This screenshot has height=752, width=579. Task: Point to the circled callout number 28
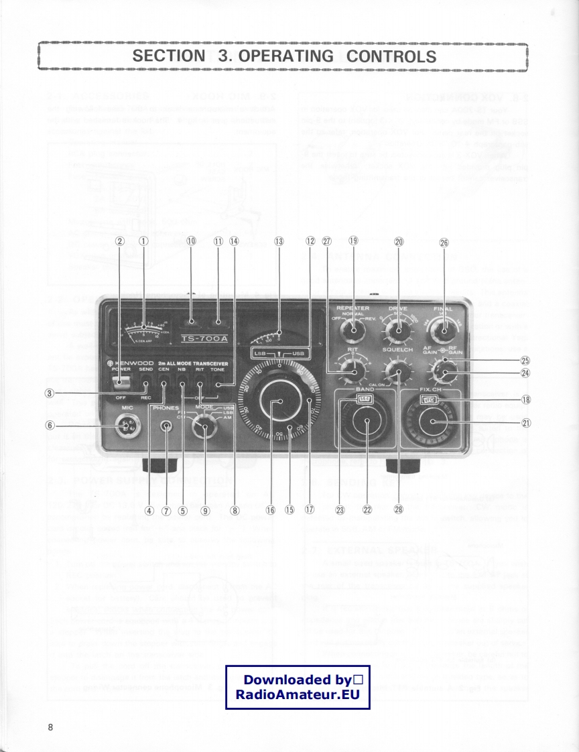point(399,510)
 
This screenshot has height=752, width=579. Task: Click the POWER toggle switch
point(121,382)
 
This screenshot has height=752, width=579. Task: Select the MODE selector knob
point(199,426)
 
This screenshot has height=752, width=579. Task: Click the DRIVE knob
point(396,330)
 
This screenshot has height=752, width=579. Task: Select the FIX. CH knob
point(433,422)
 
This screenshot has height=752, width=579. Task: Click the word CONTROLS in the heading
point(391,56)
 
